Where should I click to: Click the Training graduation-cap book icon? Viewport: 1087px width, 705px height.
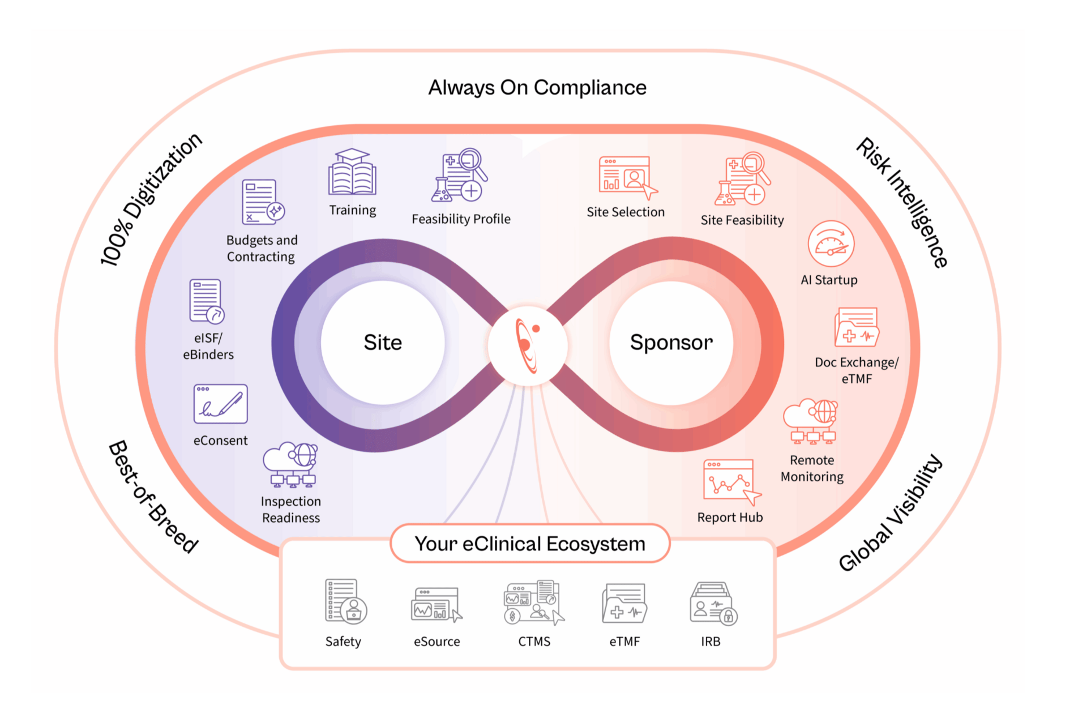point(352,173)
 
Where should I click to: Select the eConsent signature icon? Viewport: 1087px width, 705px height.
point(220,404)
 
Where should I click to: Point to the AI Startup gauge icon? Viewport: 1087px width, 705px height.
point(831,244)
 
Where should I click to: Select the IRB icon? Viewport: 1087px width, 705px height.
point(713,604)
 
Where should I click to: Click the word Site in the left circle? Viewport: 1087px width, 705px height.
point(383,343)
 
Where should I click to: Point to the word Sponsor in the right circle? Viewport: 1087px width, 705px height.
point(671,343)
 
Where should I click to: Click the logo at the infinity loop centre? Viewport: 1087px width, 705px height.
point(528,345)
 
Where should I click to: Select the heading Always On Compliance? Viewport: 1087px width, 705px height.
point(537,88)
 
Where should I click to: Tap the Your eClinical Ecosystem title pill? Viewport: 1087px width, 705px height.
point(530,544)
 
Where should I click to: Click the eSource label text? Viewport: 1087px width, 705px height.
point(436,642)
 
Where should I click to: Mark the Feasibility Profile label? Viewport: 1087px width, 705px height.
point(461,219)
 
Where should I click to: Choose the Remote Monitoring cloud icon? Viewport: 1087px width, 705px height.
point(811,422)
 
